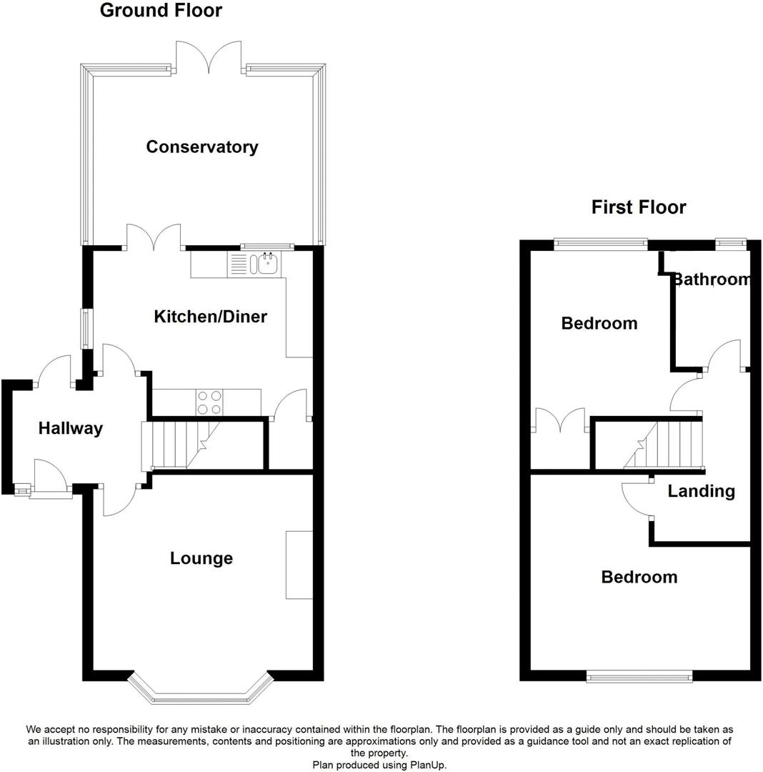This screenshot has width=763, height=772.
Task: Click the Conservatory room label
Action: pos(202,147)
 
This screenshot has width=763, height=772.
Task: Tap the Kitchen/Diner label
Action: pos(210,317)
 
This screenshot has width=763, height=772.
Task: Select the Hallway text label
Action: pos(70,429)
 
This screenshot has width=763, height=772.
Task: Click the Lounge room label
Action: pos(201,558)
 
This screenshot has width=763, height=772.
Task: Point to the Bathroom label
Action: pos(712,279)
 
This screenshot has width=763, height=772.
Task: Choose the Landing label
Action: pos(701,491)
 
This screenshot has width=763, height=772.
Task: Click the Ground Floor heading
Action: pos(161,11)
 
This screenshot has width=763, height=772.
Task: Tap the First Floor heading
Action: pos(639,207)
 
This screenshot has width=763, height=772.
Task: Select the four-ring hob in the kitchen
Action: pos(209,402)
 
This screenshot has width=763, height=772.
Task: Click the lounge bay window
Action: pos(201,691)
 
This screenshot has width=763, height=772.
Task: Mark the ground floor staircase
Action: pos(179,445)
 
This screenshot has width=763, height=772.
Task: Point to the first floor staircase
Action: pos(664,445)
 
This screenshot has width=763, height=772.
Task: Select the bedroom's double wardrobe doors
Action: pos(561,421)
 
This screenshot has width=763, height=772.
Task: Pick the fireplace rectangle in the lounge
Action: pos(299,565)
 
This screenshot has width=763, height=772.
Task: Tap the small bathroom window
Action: pos(730,244)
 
